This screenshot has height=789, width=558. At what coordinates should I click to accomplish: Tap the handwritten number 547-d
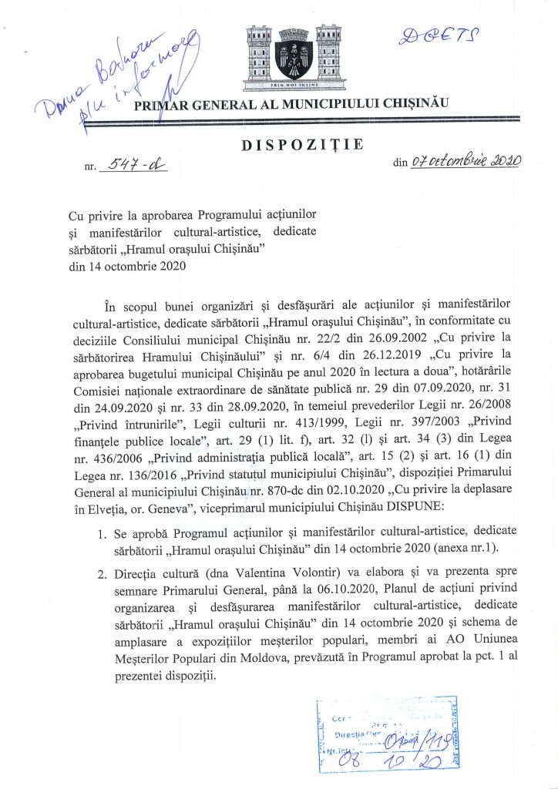(x=133, y=163)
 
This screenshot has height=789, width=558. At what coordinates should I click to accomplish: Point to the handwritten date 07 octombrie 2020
(x=466, y=161)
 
